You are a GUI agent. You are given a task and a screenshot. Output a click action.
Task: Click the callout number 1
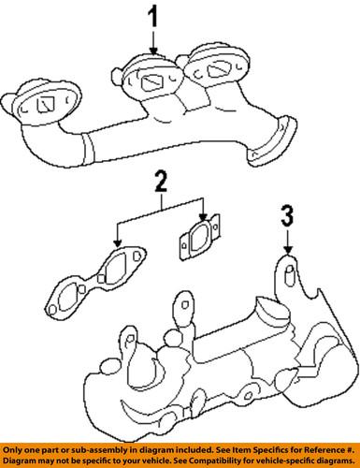(153, 16)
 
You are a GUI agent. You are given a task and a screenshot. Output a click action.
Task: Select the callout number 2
(160, 181)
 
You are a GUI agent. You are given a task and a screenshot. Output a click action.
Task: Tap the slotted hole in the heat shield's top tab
(290, 274)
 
